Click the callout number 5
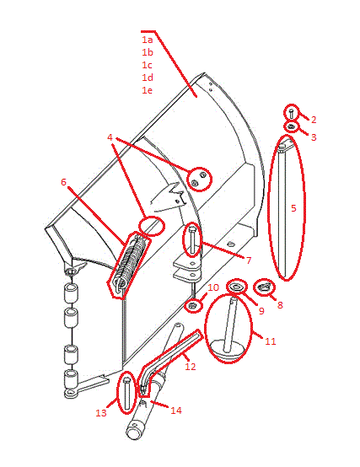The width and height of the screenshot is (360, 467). tap(293, 208)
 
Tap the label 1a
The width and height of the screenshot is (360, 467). tap(147, 40)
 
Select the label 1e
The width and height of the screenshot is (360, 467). tap(147, 90)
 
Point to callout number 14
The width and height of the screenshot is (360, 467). tap(176, 411)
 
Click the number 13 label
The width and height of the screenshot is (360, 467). tap(101, 413)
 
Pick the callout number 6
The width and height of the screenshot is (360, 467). tap(63, 182)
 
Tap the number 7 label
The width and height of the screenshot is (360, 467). tap(249, 260)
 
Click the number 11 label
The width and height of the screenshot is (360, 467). tap(271, 341)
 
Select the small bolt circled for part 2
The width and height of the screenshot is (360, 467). tap(292, 114)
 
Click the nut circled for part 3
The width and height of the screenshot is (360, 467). tap(292, 127)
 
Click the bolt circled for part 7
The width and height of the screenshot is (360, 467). tap(191, 240)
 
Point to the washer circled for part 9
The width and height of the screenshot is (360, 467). tap(236, 287)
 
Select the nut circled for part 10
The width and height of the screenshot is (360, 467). tap(192, 305)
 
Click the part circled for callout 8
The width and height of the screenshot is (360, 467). tap(264, 287)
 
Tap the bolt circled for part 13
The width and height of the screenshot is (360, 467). tap(126, 393)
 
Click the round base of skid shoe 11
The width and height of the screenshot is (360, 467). tap(227, 349)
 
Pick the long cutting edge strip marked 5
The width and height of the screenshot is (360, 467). tap(283, 208)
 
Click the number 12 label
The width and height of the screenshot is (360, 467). tap(191, 367)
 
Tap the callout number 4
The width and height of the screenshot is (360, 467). tap(110, 137)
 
